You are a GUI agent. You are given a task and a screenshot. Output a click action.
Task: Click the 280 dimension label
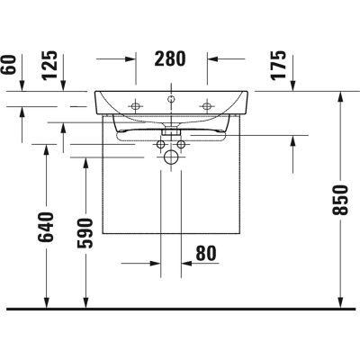tap(170, 59)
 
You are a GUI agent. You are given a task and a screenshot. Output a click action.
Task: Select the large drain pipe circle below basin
tap(170, 157)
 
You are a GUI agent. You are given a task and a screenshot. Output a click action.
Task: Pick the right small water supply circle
tap(182, 144)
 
